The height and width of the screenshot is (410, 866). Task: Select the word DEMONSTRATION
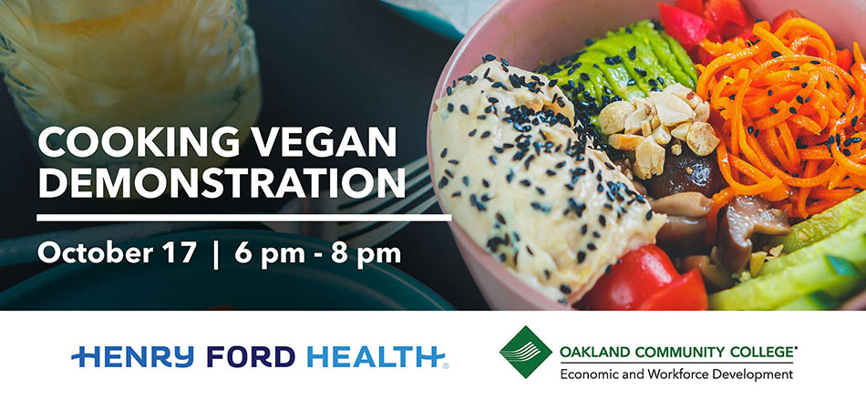[x=222, y=182]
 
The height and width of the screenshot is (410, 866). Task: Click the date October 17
[x=117, y=252]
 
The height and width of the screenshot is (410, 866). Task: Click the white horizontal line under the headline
[x=243, y=218]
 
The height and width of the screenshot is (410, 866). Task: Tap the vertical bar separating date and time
[x=215, y=254]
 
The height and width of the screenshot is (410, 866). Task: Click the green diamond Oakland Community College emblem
[x=526, y=352]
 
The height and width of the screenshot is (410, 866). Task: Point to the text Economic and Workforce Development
[x=676, y=374]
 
